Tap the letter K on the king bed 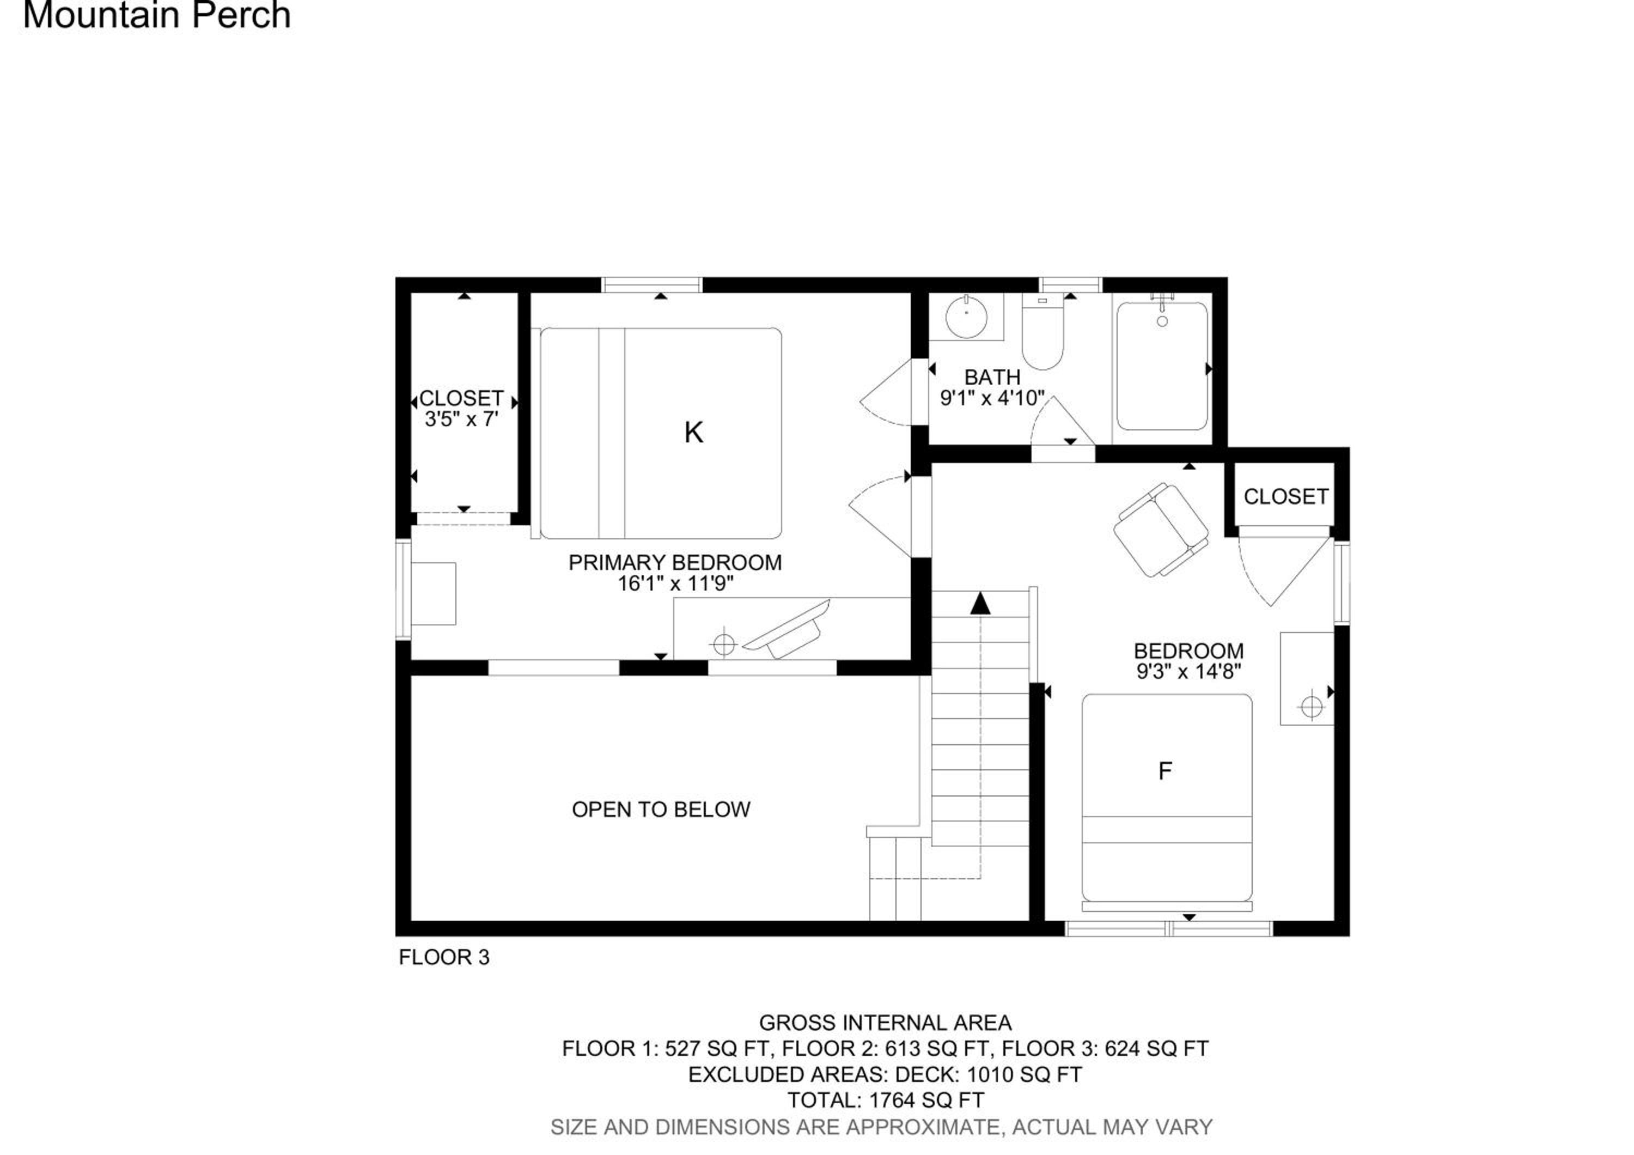693,433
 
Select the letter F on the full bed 1165,771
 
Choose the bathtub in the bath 1162,367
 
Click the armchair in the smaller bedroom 1161,530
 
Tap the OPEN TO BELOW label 661,810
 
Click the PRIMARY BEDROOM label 675,563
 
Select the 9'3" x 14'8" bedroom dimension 1189,671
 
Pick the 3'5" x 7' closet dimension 461,419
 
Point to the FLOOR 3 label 444,958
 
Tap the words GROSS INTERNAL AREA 885,1023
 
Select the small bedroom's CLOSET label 1286,497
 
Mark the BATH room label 992,377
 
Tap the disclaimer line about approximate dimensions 882,1127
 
